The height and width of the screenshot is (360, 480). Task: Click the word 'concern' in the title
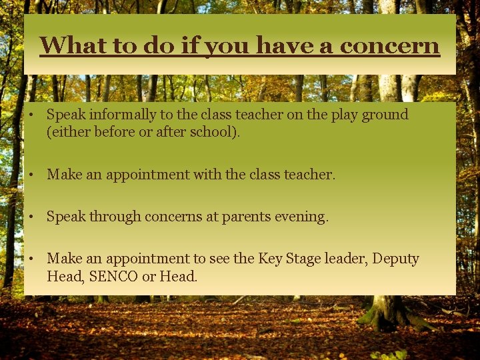coord(390,45)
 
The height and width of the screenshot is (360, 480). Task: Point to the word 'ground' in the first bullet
coord(385,115)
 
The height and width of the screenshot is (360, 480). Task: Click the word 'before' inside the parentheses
coord(114,131)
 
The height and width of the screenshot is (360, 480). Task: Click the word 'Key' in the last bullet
coord(270,259)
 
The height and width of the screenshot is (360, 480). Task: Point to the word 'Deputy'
coord(395,259)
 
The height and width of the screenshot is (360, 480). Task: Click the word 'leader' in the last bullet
coord(345,259)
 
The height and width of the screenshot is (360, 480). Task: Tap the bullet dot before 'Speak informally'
coord(31,115)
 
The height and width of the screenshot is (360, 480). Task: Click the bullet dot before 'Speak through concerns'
coord(31,217)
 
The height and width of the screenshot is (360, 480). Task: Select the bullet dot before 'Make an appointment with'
coord(31,175)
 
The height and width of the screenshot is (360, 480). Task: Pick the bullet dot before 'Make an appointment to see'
coord(31,259)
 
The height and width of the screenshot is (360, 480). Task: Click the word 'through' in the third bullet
coord(114,217)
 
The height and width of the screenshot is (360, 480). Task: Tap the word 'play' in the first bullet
coord(344,115)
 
